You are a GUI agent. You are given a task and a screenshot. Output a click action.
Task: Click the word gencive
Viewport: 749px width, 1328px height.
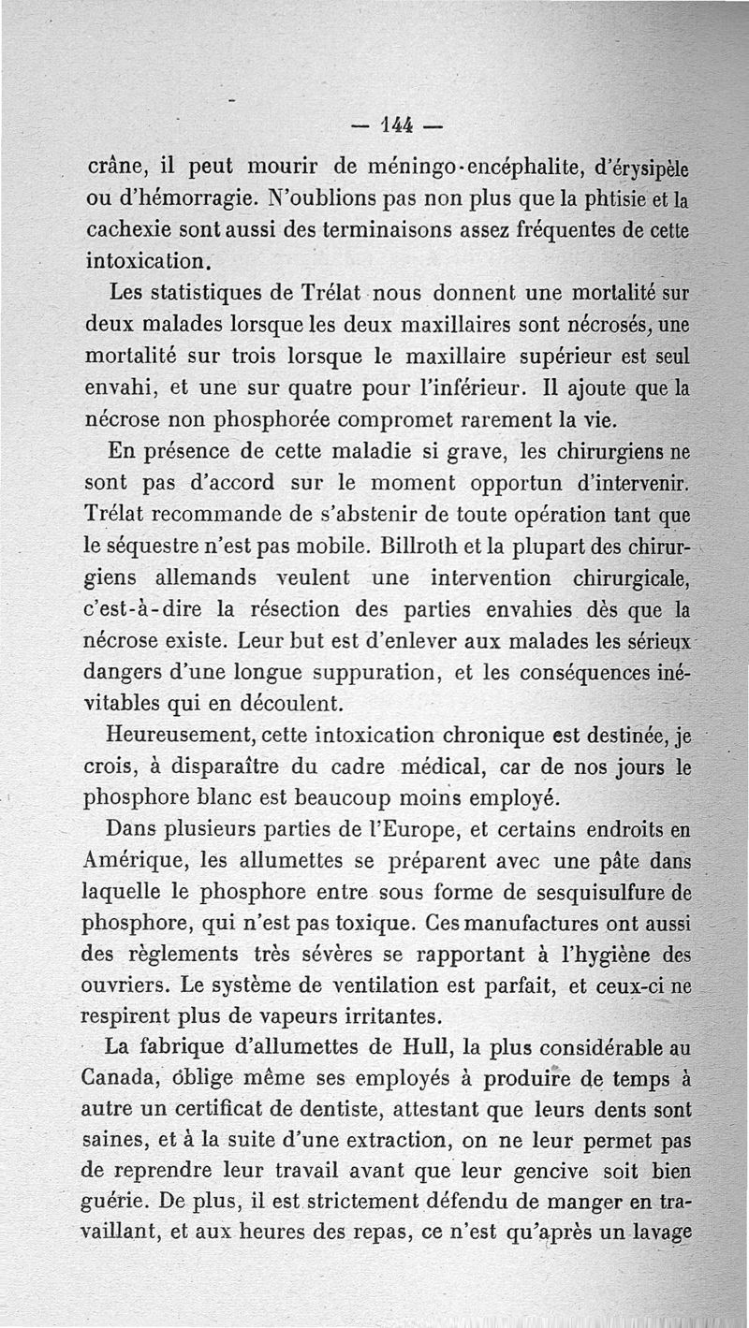576,1172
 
